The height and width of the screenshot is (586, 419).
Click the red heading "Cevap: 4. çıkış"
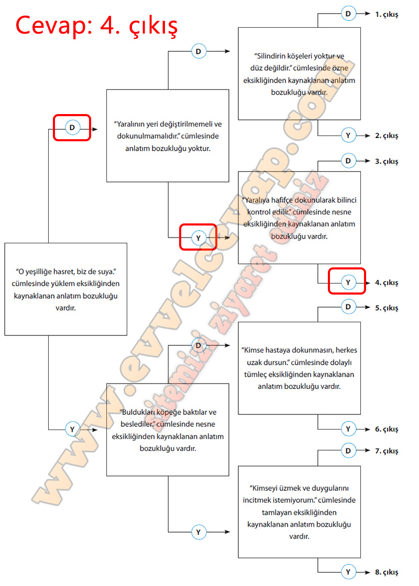click(96, 25)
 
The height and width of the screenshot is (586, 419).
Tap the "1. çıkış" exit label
click(387, 15)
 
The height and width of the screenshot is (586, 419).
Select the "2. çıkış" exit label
click(387, 136)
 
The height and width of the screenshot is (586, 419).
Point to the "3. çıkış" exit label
click(387, 161)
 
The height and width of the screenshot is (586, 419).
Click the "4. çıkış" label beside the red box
click(387, 283)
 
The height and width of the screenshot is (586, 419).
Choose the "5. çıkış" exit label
click(387, 308)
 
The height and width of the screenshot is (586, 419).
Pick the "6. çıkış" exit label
click(387, 429)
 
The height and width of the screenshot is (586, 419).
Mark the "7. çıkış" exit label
click(387, 450)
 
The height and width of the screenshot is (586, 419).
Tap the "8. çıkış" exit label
click(387, 571)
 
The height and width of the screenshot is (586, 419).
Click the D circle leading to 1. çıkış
click(348, 14)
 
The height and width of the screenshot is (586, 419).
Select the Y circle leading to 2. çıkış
click(348, 136)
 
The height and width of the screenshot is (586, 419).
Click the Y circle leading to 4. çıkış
click(348, 283)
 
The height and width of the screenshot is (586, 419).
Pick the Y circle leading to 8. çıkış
click(348, 571)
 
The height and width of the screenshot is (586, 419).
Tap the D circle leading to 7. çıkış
click(348, 450)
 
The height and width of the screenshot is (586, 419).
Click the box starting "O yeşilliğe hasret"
click(66, 289)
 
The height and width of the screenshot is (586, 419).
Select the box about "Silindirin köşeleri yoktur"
click(299, 74)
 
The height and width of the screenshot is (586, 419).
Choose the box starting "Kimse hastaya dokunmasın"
click(299, 368)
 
